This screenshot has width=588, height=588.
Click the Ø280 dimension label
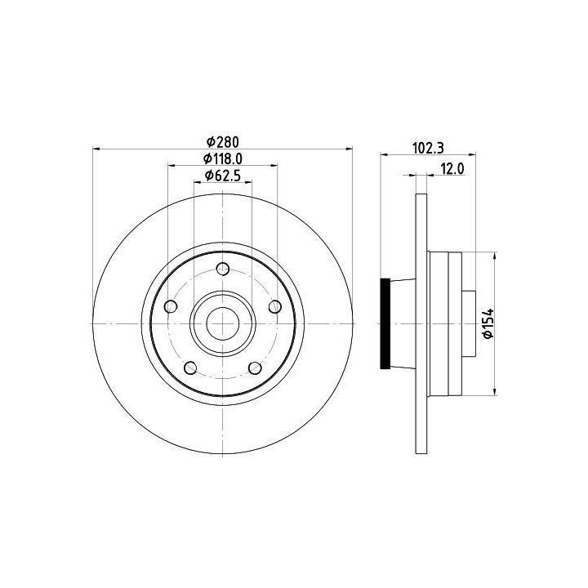pyautogui.click(x=223, y=142)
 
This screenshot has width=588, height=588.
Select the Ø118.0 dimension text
pyautogui.click(x=223, y=159)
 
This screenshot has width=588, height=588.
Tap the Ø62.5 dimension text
pyautogui.click(x=223, y=175)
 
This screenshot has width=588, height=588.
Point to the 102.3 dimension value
pyautogui.click(x=428, y=148)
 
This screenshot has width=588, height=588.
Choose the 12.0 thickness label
pyautogui.click(x=452, y=169)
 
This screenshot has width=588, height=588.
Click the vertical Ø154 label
pyautogui.click(x=488, y=323)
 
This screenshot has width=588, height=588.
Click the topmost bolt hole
pyautogui.click(x=223, y=268)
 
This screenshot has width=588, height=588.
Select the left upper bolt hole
pyautogui.click(x=171, y=306)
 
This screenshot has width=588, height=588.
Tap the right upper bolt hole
pyautogui.click(x=275, y=306)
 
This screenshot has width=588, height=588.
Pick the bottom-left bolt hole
pyautogui.click(x=191, y=367)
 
